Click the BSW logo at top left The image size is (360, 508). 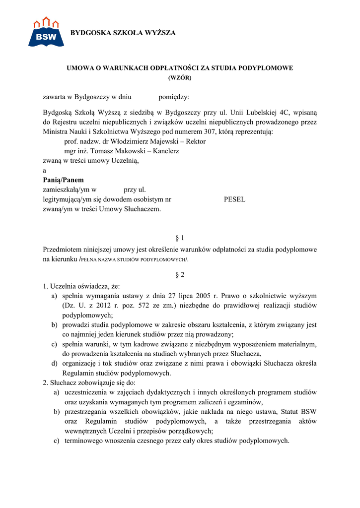point(46,32)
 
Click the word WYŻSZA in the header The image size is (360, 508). point(157,33)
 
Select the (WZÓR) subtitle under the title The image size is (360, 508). point(180,77)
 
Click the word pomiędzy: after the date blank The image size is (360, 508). point(174,97)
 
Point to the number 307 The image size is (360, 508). point(210,132)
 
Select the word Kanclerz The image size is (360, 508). point(166,151)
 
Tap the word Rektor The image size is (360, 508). point(196,141)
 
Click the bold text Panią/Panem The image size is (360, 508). point(64,180)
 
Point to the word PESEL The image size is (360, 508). point(235,199)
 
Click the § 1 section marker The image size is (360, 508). point(180,238)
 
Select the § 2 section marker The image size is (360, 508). point(180,274)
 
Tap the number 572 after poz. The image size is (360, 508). point(123,306)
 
